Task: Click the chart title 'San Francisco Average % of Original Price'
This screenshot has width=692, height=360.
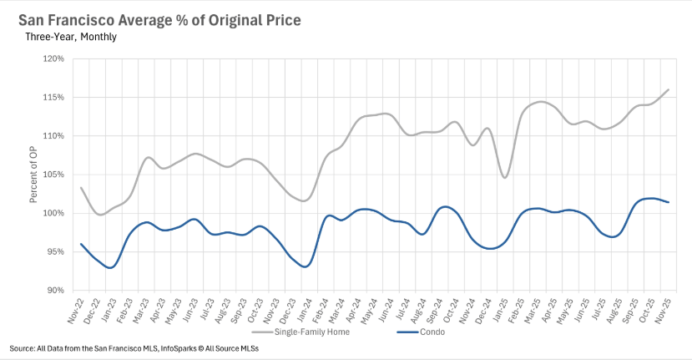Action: pyautogui.click(x=160, y=18)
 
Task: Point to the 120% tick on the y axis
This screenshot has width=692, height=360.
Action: pyautogui.click(x=54, y=58)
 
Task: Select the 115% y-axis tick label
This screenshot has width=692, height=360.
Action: pyautogui.click(x=54, y=97)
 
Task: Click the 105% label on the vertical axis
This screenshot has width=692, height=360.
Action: pyautogui.click(x=54, y=175)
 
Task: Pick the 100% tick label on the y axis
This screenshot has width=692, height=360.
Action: pyautogui.click(x=54, y=213)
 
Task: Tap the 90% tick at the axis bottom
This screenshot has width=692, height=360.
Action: pyautogui.click(x=56, y=290)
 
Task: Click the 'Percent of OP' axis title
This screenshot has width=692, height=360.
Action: pyautogui.click(x=33, y=176)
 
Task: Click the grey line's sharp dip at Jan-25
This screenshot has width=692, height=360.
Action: pyautogui.click(x=505, y=177)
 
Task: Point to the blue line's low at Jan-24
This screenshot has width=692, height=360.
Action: pyautogui.click(x=306, y=266)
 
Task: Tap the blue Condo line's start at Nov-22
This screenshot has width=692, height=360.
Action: pyautogui.click(x=81, y=244)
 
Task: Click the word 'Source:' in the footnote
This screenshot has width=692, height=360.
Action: pyautogui.click(x=22, y=347)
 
